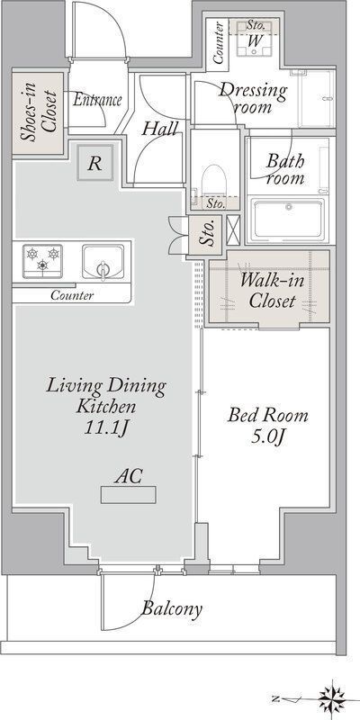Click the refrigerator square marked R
(95, 163)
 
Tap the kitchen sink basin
(103, 262)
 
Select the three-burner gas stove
(42, 261)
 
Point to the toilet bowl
(214, 181)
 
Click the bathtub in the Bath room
(289, 219)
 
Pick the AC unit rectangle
(129, 495)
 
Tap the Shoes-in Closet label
(39, 113)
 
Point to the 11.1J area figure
(106, 428)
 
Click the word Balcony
(172, 609)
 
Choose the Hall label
(159, 129)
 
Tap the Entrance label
(97, 100)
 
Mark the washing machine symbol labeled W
(256, 40)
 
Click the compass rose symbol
(331, 699)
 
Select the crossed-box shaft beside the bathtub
(233, 229)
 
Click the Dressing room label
(253, 98)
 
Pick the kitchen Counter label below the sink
(72, 295)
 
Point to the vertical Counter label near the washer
(218, 42)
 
